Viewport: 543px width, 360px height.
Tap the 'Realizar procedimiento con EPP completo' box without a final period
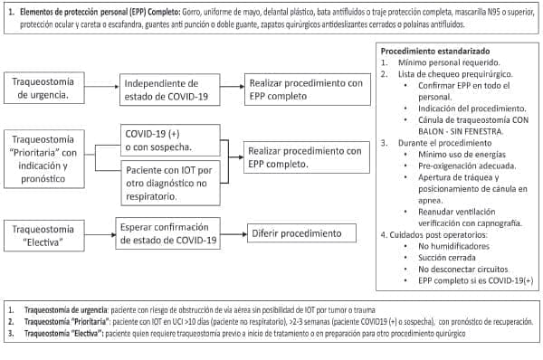(308, 89)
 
